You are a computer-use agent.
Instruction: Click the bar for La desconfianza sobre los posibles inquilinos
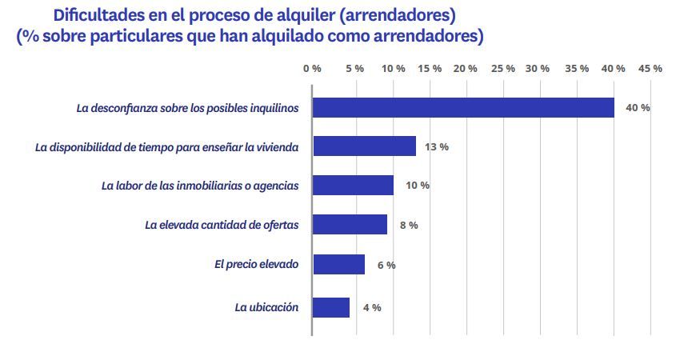[x=463, y=107]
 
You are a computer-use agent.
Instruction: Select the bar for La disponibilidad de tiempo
[x=364, y=146]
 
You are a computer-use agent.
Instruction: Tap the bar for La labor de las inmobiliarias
[x=353, y=185]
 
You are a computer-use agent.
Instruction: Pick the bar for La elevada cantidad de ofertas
[x=350, y=225]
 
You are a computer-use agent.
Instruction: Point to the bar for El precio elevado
[x=338, y=264]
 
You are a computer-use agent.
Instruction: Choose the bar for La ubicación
[x=330, y=307]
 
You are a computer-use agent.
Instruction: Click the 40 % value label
[x=638, y=107]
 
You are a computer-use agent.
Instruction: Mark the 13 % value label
[x=437, y=147]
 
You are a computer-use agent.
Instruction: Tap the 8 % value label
[x=408, y=225]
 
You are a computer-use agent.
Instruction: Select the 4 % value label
[x=371, y=307]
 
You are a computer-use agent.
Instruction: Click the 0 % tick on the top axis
[x=312, y=69]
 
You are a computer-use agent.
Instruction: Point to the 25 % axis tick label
[x=502, y=69]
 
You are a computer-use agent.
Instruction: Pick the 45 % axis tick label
[x=650, y=69]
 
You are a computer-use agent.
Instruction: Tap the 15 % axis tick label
[x=430, y=69]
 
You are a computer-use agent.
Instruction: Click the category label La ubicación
[x=266, y=307]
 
